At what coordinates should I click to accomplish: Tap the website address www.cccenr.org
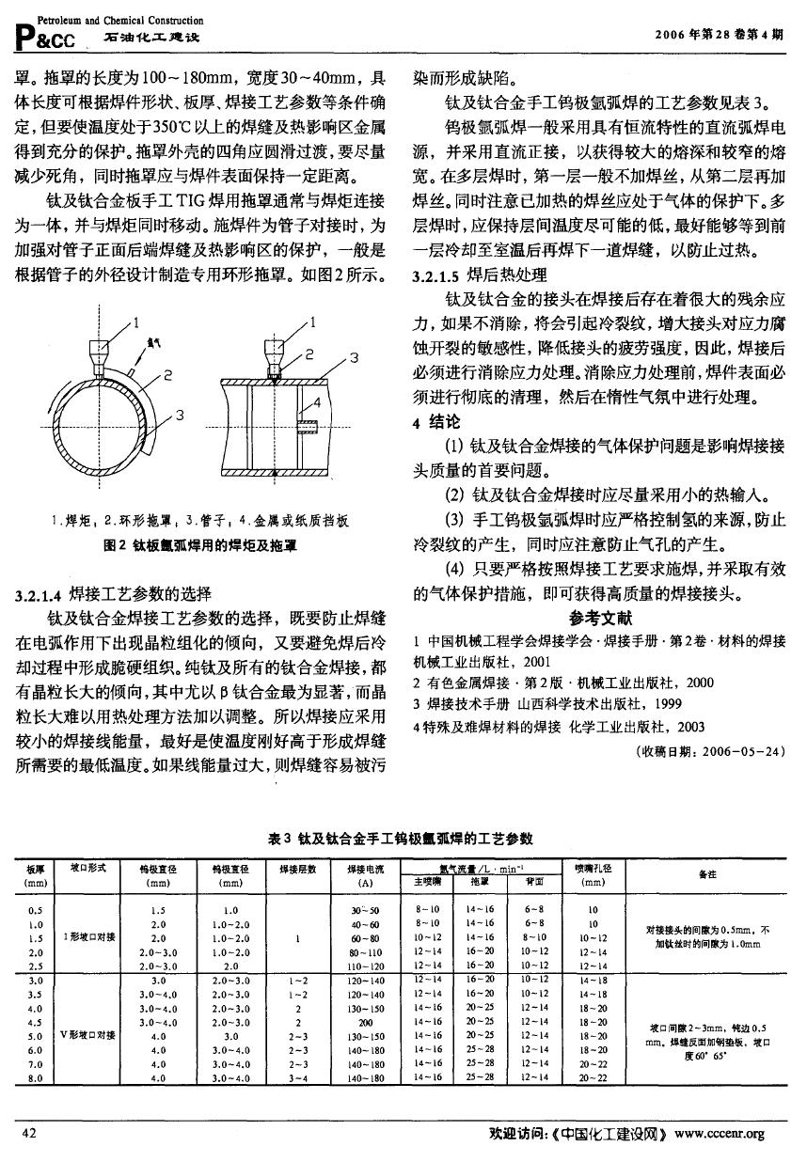[x=720, y=1134]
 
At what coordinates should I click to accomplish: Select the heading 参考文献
[x=601, y=619]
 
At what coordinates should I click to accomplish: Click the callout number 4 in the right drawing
[x=317, y=401]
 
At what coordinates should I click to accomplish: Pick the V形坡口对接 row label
[x=87, y=1034]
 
